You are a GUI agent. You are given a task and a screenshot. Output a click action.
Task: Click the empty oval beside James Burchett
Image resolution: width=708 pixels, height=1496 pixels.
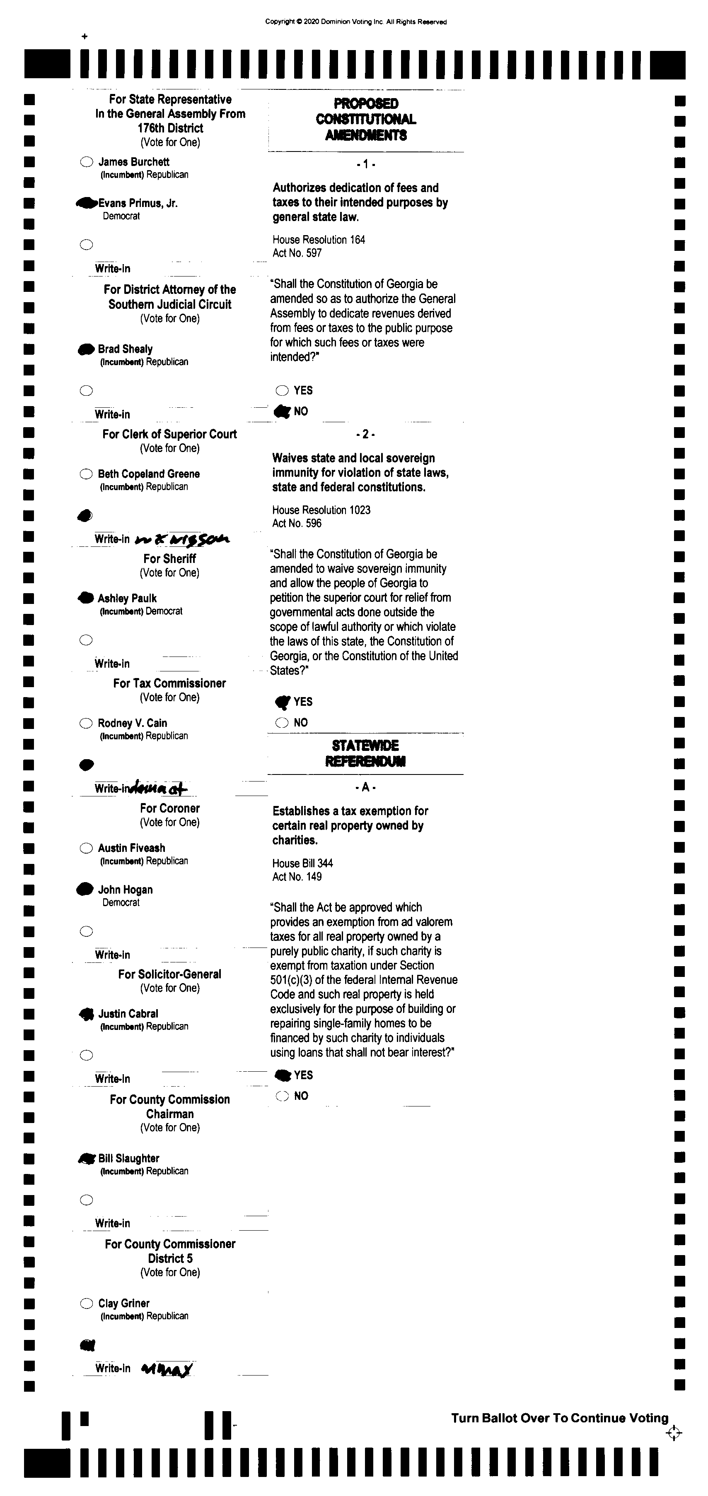[86, 162]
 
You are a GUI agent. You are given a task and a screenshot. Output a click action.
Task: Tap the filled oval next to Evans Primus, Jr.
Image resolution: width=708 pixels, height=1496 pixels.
[86, 203]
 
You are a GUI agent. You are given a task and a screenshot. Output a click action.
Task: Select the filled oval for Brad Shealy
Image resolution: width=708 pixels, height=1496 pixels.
[86, 349]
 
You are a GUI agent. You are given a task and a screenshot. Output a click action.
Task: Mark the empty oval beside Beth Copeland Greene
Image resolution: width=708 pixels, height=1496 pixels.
[86, 474]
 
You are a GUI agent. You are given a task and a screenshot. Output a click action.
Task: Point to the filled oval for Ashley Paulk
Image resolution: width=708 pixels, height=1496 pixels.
[86, 598]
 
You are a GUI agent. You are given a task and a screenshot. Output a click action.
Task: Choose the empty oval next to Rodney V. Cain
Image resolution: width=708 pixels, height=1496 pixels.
[86, 723]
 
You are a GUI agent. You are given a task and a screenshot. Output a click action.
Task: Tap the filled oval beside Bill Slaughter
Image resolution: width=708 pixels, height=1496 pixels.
[87, 1159]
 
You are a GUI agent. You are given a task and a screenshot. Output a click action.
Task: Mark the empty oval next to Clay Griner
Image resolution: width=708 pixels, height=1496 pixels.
[86, 1303]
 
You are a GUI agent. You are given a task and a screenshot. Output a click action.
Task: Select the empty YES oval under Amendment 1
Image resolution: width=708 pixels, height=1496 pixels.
[282, 390]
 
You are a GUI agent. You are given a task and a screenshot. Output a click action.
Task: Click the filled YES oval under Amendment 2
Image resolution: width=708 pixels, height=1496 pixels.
[283, 702]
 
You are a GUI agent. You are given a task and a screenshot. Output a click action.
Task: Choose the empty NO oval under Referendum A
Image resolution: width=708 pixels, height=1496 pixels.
[283, 1096]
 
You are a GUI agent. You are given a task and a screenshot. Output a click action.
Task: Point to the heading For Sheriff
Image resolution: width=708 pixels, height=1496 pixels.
[170, 559]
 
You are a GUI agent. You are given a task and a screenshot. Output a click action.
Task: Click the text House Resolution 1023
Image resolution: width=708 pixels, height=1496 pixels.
[321, 510]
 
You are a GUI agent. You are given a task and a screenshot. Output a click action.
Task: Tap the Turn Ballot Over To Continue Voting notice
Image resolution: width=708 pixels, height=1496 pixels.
[560, 1418]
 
